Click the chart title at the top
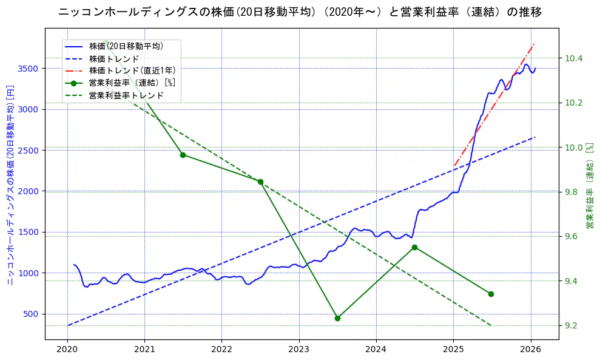(x=300, y=12)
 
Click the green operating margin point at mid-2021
(x=183, y=155)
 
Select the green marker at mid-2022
(x=260, y=182)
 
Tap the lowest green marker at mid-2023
(x=337, y=318)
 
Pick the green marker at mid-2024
(x=414, y=247)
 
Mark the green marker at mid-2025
(x=491, y=294)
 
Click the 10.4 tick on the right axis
(x=573, y=58)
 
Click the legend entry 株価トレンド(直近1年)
(x=132, y=70)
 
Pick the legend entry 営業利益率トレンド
(x=126, y=95)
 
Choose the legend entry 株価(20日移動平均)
(x=126, y=46)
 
